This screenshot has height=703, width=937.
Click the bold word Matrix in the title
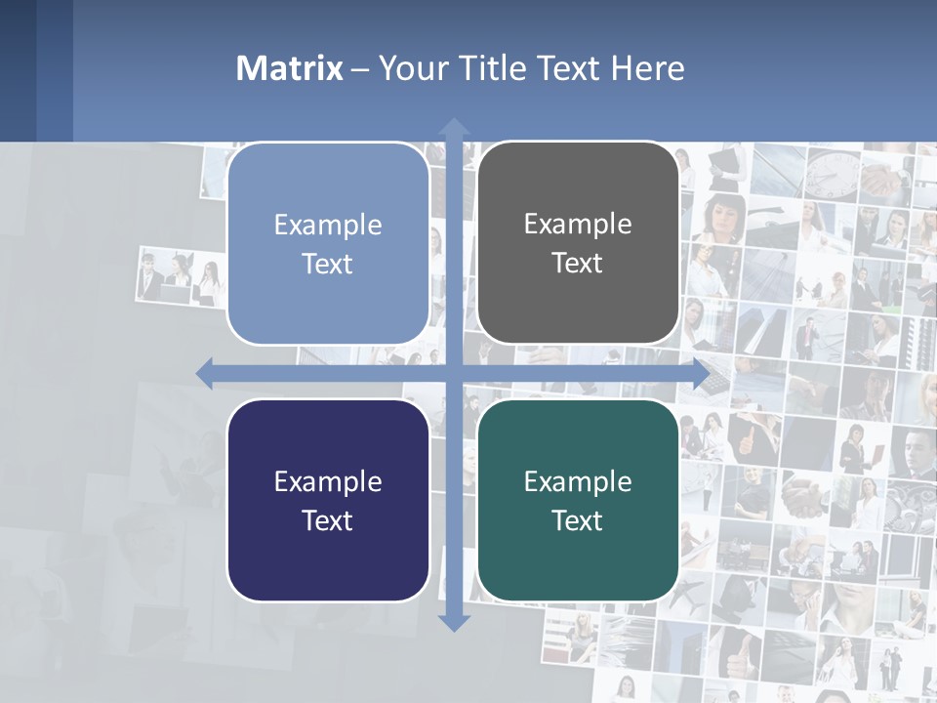(289, 68)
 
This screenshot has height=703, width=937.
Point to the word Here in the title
(648, 68)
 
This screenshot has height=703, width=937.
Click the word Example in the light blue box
(328, 226)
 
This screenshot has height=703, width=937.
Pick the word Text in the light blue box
(328, 264)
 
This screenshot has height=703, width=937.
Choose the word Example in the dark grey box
(578, 225)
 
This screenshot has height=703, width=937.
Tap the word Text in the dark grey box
(578, 263)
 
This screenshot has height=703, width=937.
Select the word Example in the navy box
(328, 482)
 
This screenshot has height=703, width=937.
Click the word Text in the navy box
(328, 520)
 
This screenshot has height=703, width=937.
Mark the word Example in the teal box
(578, 482)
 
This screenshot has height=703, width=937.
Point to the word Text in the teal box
(578, 520)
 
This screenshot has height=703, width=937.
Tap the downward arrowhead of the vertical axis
(454, 622)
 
